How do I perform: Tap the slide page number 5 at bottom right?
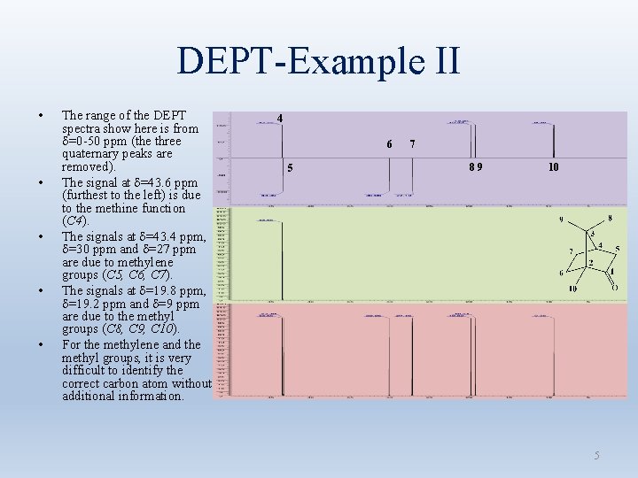pos(597,455)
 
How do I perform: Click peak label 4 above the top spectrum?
pos(280,118)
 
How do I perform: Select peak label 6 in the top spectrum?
pos(389,144)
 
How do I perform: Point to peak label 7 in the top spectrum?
pos(412,144)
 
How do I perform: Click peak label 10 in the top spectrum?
pos(553,166)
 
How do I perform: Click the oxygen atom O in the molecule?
pos(613,288)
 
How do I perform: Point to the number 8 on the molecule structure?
pos(610,218)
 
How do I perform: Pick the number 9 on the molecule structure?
pos(560,220)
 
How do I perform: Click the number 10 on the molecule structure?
pos(572,289)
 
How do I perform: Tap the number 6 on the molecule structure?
pos(561,273)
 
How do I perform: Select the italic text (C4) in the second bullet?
pos(74,220)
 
